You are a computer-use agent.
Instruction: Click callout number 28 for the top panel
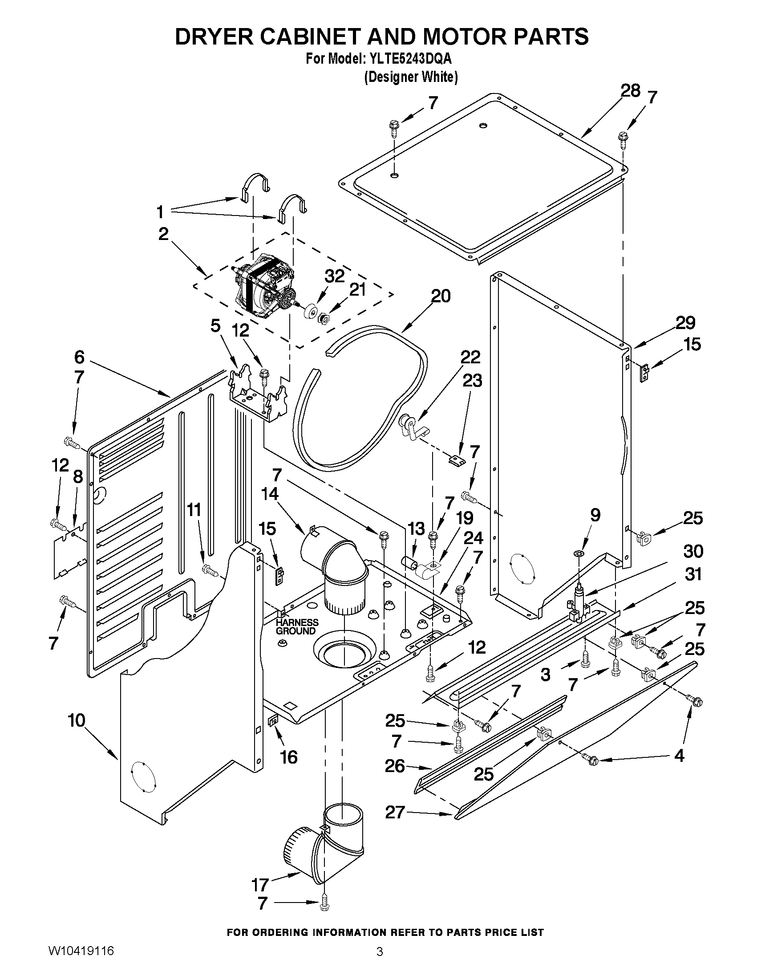[630, 91]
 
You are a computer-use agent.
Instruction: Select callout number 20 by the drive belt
[441, 296]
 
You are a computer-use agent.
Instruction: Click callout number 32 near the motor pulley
[335, 277]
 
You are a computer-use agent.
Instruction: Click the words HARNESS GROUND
[296, 627]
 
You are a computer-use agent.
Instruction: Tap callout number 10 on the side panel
[76, 721]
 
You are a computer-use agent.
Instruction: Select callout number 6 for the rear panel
[79, 357]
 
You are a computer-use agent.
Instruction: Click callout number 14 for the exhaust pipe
[270, 494]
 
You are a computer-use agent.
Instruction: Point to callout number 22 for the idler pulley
[470, 357]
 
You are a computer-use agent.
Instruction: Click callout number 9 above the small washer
[595, 515]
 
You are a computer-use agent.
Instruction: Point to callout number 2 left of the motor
[163, 234]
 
